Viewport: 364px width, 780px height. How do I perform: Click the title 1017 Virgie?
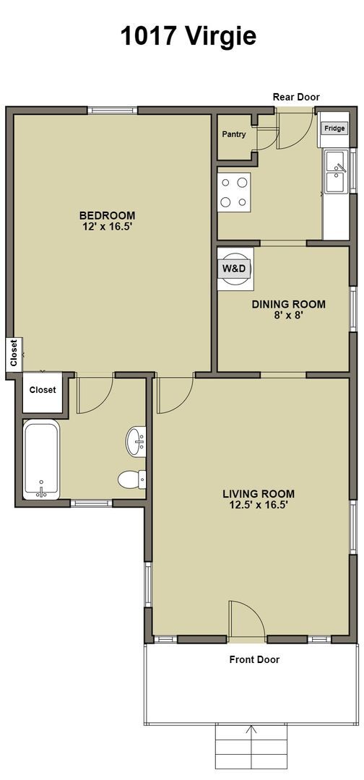click(x=188, y=35)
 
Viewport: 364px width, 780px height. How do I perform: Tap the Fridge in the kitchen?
click(x=334, y=129)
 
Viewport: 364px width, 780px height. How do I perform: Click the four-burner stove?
click(x=234, y=192)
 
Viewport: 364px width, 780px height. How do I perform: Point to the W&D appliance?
click(x=234, y=268)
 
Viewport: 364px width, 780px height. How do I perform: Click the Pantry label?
click(x=234, y=134)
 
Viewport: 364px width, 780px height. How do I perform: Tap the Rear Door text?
click(x=295, y=97)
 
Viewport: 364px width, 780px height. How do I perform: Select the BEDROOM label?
click(x=107, y=215)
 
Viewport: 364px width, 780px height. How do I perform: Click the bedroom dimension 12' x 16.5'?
click(x=107, y=227)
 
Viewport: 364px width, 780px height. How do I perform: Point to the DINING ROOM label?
click(x=288, y=304)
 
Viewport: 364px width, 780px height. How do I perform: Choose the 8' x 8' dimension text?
click(x=288, y=316)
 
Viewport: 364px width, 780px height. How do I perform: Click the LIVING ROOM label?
click(x=258, y=494)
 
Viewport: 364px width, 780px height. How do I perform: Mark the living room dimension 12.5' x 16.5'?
click(x=258, y=506)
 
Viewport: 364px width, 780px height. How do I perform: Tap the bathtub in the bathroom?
click(x=43, y=461)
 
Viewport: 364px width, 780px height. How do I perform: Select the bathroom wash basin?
click(x=136, y=439)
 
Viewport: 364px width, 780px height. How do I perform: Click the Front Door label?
click(x=254, y=659)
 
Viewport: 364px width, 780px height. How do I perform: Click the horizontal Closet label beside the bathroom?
click(x=43, y=390)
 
